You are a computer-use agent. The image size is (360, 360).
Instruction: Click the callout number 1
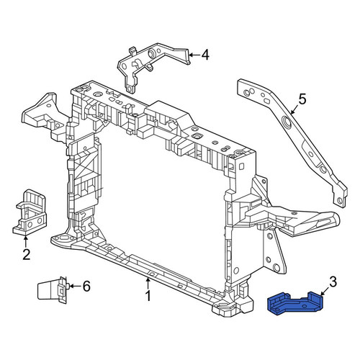(148, 296)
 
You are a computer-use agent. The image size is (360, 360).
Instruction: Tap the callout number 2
(26, 255)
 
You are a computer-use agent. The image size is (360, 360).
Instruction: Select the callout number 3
(333, 282)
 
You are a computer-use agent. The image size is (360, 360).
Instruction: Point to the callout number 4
(205, 55)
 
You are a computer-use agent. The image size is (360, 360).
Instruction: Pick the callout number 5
(302, 99)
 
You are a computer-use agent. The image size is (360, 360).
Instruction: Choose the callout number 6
(86, 286)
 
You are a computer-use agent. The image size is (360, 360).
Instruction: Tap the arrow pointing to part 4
(194, 55)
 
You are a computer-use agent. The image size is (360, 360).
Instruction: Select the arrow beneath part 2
(25, 241)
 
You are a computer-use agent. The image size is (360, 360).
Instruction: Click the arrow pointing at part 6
(75, 286)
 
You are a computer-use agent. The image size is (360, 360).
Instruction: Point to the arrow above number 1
(148, 283)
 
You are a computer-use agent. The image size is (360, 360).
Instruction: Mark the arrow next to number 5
(294, 108)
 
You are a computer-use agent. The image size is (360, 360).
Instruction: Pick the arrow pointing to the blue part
(325, 291)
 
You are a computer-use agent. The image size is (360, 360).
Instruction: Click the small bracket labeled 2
(30, 212)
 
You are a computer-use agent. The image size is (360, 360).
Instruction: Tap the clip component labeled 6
(52, 290)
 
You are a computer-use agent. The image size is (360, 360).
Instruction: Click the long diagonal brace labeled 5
(292, 142)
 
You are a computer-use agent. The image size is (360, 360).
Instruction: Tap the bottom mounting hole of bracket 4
(129, 89)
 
